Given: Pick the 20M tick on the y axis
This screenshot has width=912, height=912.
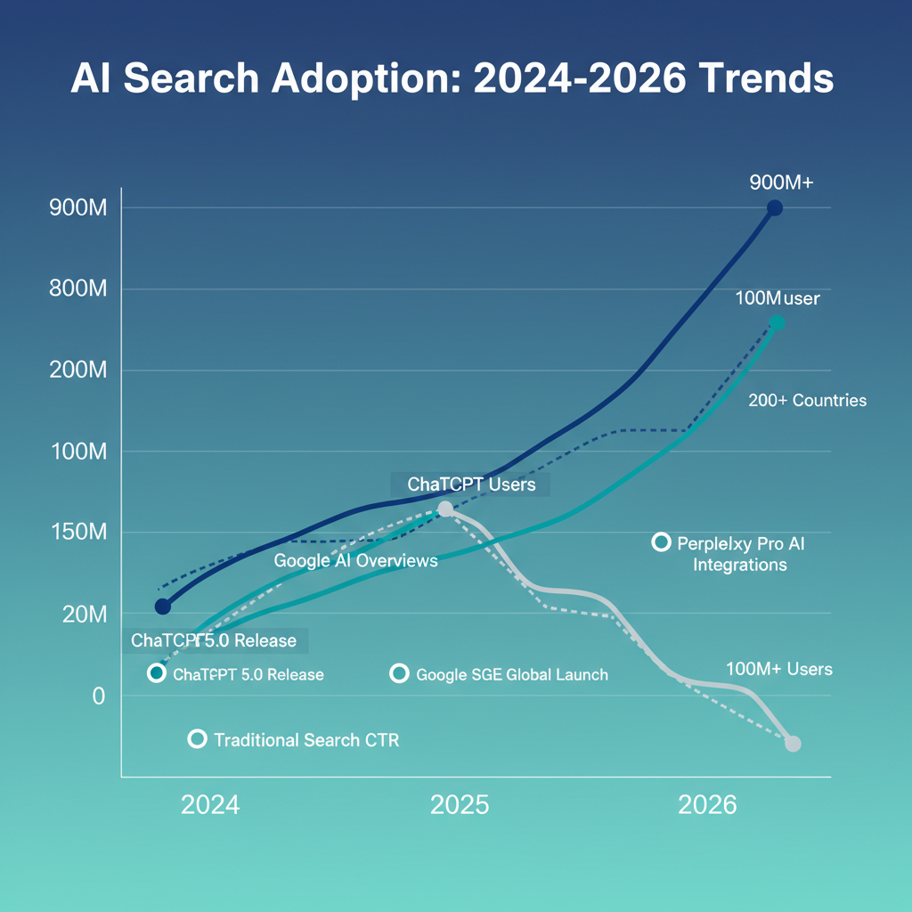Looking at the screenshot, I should [x=82, y=615].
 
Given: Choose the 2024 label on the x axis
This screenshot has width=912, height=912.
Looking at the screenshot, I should [x=210, y=805].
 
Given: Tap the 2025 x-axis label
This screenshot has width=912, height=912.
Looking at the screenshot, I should [x=460, y=805].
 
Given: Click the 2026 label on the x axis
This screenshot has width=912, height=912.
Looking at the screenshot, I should [x=707, y=805].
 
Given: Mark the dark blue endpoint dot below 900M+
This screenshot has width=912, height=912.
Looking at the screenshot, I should [x=774, y=208].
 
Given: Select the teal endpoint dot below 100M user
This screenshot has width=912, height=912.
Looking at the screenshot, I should [x=777, y=323].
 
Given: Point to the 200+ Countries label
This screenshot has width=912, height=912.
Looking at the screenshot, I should [x=807, y=401].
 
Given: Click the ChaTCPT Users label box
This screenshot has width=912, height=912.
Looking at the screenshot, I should [x=470, y=484].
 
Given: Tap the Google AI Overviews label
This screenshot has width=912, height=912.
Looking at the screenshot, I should [x=355, y=561].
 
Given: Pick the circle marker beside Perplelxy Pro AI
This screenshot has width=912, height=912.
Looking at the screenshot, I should [x=661, y=541].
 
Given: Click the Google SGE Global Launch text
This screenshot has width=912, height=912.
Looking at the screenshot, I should [x=512, y=674].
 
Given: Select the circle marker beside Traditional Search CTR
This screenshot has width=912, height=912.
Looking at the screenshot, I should [x=198, y=739].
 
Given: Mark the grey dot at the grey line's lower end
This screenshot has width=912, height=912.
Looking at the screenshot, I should [x=793, y=744].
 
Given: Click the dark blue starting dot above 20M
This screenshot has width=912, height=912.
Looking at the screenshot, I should [x=162, y=607].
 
